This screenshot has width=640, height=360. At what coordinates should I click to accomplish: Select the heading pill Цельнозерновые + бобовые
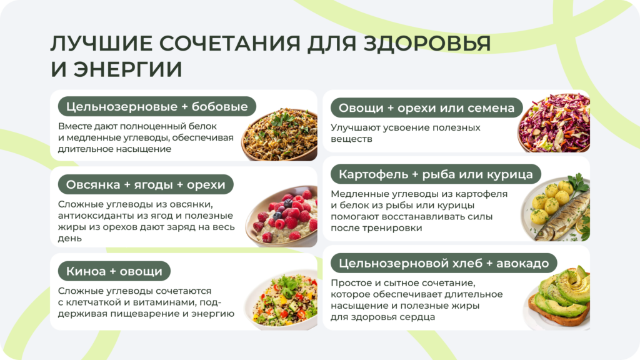click(157, 106)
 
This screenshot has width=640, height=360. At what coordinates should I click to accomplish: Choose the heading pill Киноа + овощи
click(114, 271)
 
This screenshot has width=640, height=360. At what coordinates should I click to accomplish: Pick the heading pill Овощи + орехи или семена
click(426, 108)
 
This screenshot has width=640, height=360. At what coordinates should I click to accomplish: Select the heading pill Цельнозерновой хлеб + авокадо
click(443, 263)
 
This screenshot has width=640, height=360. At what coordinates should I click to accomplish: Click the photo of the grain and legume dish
click(279, 134)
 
